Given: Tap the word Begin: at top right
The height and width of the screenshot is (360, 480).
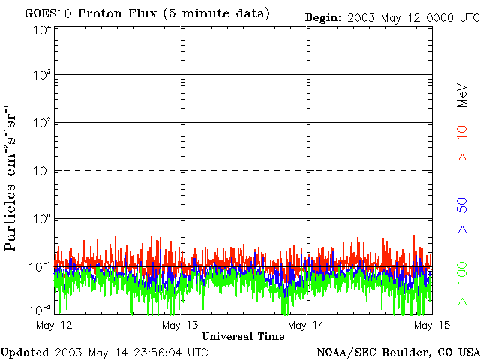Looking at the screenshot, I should [323, 16].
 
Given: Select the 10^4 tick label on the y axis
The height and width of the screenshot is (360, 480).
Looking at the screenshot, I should [42, 30].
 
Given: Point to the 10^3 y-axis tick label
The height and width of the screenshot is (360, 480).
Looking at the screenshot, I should [42, 75].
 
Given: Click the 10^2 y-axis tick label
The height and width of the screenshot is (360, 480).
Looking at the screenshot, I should [42, 123].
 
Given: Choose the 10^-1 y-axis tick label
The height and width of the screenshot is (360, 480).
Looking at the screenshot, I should [40, 266].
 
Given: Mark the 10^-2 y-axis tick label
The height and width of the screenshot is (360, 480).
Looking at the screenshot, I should [40, 310].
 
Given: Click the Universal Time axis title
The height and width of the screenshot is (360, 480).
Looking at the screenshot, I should [243, 337].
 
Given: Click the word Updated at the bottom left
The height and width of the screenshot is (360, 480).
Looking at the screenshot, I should [24, 352].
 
